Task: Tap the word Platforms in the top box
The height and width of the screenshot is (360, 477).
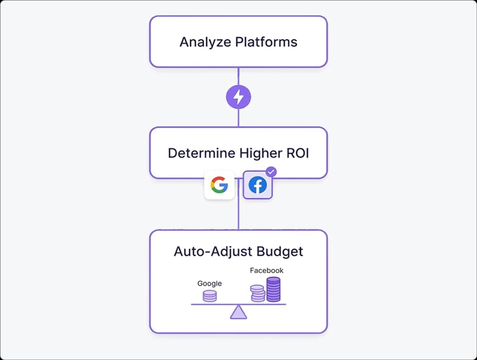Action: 266,42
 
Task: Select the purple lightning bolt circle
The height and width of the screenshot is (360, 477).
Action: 238,97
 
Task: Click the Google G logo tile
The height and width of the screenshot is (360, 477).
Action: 219,185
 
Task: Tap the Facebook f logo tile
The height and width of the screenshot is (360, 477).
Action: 257,186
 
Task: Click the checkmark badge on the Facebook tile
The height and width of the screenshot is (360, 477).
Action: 272,172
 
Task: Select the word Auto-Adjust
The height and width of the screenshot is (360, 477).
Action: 207,252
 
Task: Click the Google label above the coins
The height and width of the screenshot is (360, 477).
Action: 209,283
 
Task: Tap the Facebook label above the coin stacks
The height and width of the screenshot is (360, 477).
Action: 267,270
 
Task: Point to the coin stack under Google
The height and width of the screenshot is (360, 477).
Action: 209,296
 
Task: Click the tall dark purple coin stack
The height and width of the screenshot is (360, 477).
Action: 274,289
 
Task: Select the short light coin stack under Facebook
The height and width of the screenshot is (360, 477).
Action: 257,293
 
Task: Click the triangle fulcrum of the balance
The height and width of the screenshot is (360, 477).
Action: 238,312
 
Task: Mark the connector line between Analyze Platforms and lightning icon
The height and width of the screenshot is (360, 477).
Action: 238,77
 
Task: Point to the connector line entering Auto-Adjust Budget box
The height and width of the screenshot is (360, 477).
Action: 238,217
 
